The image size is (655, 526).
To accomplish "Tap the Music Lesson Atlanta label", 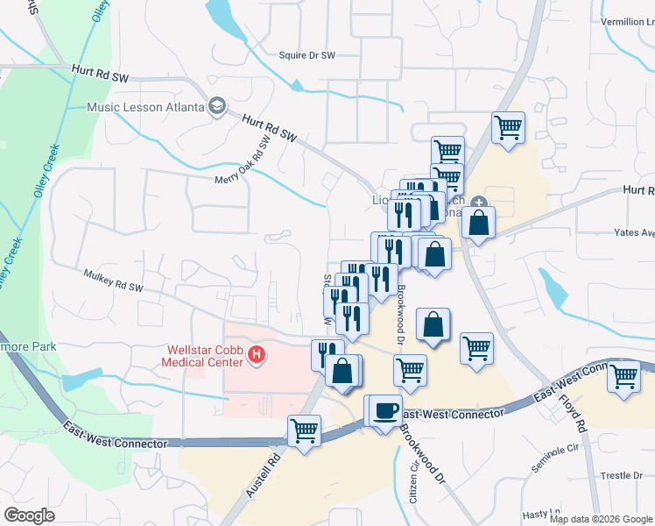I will coord(145,108).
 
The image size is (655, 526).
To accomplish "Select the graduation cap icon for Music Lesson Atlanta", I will coord(215,107).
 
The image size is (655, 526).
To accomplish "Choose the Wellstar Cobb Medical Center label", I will coord(202,356).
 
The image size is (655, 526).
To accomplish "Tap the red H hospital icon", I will coord(257,355).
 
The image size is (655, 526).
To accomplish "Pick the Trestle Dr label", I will coord(620,475).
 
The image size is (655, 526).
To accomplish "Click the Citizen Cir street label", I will coord(413,479).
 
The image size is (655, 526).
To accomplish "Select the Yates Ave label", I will coord(636,234).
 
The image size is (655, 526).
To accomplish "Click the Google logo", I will coord(29,515).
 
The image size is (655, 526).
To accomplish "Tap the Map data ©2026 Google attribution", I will coord(599,519).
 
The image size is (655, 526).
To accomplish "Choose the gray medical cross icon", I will coord(478,204).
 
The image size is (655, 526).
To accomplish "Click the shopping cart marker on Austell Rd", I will coord(304,430).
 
